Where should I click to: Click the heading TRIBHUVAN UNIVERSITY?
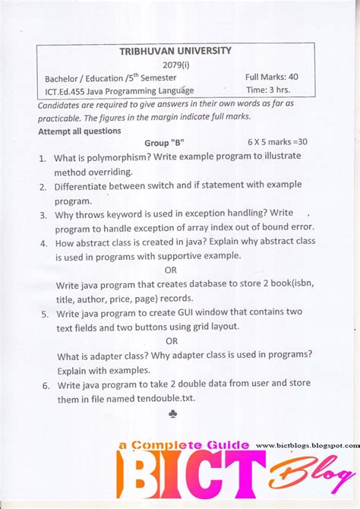click(x=175, y=51)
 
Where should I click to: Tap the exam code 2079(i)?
click(x=177, y=64)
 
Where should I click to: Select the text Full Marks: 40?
click(x=271, y=77)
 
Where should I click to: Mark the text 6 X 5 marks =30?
click(x=277, y=143)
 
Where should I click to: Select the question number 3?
click(x=43, y=215)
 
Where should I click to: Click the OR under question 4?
click(x=171, y=270)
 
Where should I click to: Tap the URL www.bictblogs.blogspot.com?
click(x=307, y=446)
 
